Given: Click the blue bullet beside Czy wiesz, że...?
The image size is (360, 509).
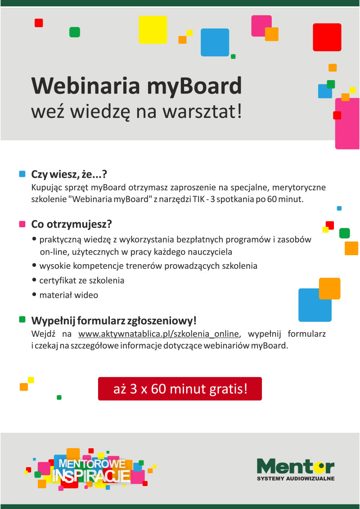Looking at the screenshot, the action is (x=22, y=174).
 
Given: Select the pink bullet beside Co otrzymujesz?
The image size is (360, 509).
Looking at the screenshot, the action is (x=22, y=224).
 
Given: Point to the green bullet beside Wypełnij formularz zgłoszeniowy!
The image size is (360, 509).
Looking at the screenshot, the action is (x=22, y=320).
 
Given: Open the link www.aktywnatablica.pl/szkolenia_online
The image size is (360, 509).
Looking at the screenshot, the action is (x=159, y=333).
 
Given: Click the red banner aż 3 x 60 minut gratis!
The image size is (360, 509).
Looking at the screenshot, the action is (x=180, y=388).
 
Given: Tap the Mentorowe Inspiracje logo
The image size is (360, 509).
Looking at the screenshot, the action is (x=90, y=469).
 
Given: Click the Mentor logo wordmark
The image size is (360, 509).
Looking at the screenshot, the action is (x=295, y=467).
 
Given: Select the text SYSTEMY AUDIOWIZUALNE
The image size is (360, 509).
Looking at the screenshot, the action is (x=296, y=478).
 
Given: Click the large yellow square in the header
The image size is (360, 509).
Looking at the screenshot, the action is (x=153, y=30).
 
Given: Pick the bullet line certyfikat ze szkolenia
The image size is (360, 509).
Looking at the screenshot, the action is (x=78, y=280).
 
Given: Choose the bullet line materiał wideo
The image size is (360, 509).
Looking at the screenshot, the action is (x=65, y=295).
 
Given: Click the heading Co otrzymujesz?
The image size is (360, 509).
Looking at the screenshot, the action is (x=72, y=224).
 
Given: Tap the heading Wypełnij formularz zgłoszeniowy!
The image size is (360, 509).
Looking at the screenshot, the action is (x=114, y=321).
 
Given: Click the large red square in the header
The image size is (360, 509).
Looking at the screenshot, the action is (x=327, y=37).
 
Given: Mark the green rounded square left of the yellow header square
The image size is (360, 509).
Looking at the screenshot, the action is (x=75, y=32).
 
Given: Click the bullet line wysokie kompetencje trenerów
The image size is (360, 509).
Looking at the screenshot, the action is (x=145, y=266).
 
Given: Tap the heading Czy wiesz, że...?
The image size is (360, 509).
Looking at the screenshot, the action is (x=69, y=175).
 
